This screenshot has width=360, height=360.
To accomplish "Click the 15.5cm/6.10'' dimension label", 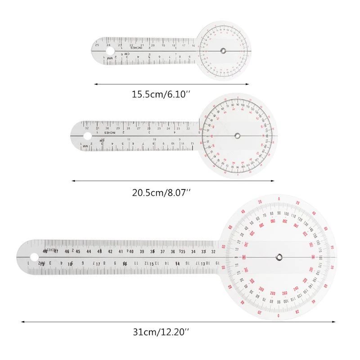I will pyautogui.click(x=161, y=94).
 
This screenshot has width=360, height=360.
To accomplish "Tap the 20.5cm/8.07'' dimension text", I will pyautogui.click(x=161, y=192).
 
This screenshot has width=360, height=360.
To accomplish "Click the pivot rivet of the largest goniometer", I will pyautogui.click(x=279, y=257).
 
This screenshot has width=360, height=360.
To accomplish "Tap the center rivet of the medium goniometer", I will pyautogui.click(x=237, y=135).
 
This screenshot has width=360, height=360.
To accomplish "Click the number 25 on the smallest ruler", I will pyautogui.click(x=97, y=45).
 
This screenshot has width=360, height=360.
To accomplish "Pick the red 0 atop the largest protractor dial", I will pyautogui.click(x=279, y=198).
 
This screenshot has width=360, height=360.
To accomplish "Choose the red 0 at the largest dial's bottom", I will pyautogui.click(x=279, y=316).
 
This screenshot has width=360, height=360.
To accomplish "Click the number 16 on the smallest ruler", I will pyautogui.click(x=193, y=45).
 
